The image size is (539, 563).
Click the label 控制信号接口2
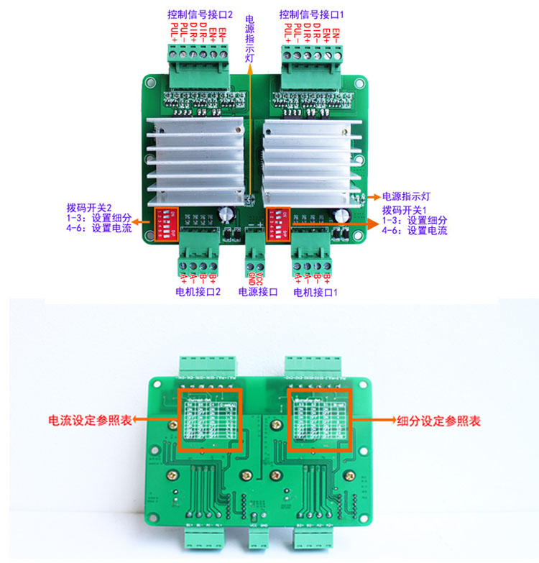[201, 14]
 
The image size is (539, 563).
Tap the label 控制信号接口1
[313, 14]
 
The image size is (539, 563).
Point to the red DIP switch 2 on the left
[164, 223]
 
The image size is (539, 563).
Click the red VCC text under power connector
[259, 277]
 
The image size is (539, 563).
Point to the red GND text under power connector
[252, 277]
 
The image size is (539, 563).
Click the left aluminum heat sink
[192, 162]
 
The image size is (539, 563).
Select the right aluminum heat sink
[312, 162]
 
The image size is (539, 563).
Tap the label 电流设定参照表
[90, 420]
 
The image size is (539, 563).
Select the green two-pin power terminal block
[255, 247]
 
